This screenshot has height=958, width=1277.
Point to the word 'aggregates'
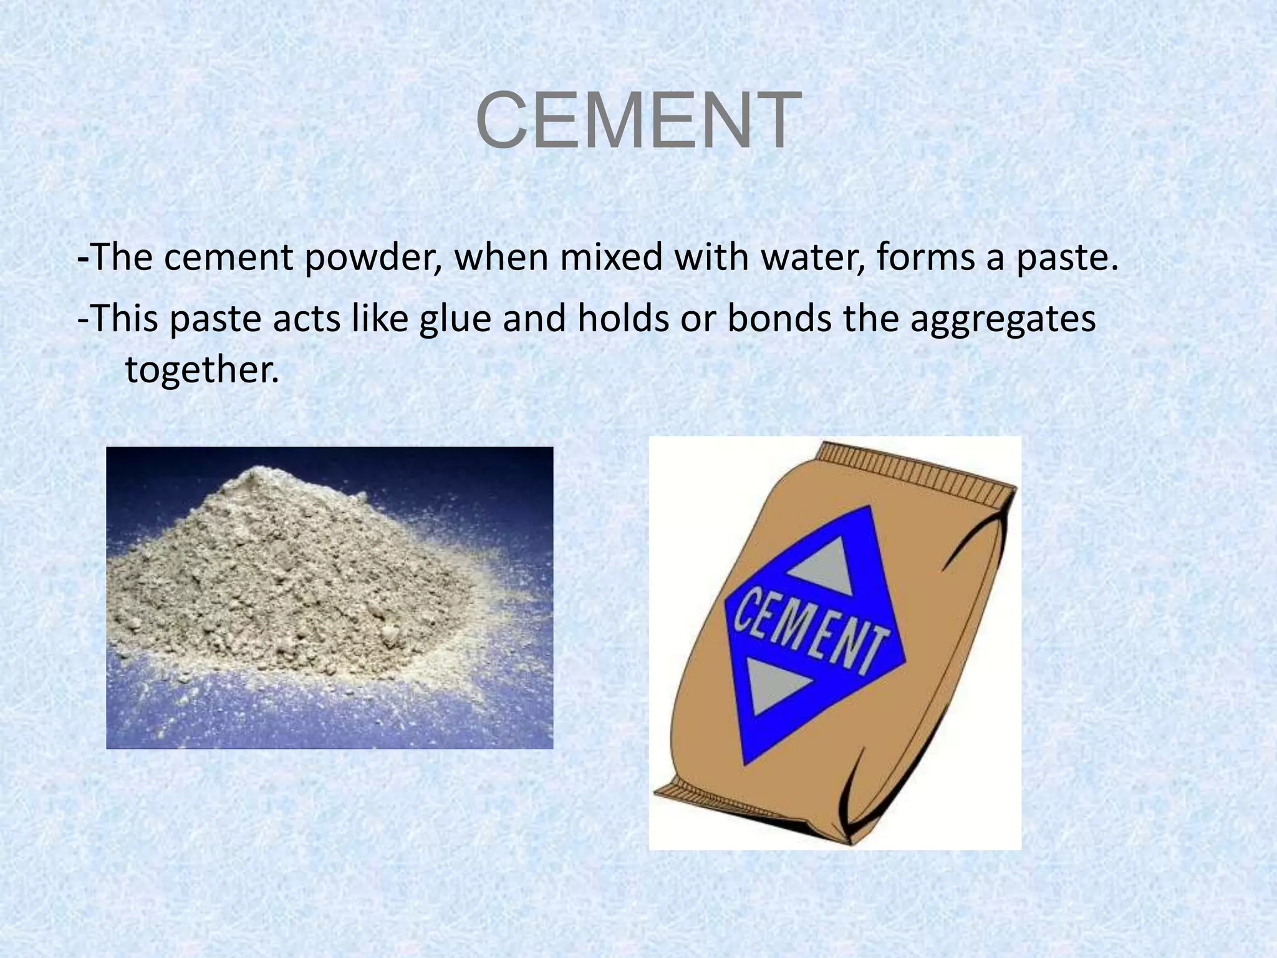(1002, 319)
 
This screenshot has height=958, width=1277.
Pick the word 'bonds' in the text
(779, 318)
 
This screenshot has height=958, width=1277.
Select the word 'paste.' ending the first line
(1067, 258)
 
